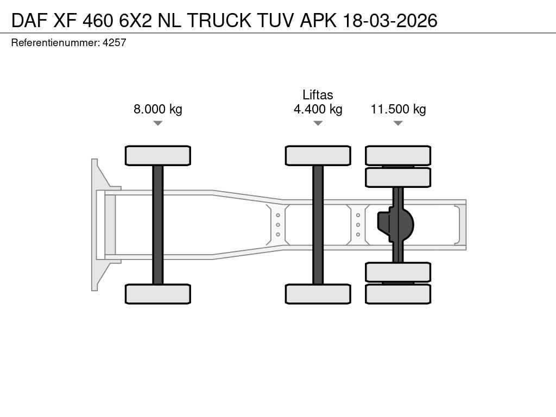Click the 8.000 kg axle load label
pyautogui.click(x=158, y=109)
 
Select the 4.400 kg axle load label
pyautogui.click(x=318, y=109)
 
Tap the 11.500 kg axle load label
pyautogui.click(x=398, y=109)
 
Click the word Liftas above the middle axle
pyautogui.click(x=318, y=94)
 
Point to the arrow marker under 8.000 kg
pyautogui.click(x=158, y=123)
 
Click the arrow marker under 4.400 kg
pyautogui.click(x=318, y=123)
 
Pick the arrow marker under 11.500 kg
pyautogui.click(x=398, y=123)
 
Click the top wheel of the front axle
pyautogui.click(x=158, y=156)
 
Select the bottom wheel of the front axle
pyautogui.click(x=158, y=294)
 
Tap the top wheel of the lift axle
pyautogui.click(x=318, y=156)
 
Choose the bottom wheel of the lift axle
pyautogui.click(x=318, y=294)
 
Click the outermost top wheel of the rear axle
pyautogui.click(x=398, y=156)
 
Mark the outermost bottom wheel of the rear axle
pyautogui.click(x=398, y=294)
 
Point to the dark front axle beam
pyautogui.click(x=158, y=225)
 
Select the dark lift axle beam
pyautogui.click(x=318, y=225)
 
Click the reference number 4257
pyautogui.click(x=114, y=42)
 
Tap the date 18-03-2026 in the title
pyautogui.click(x=390, y=21)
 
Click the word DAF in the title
pyautogui.click(x=29, y=21)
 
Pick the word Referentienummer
pyautogui.click(x=55, y=42)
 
